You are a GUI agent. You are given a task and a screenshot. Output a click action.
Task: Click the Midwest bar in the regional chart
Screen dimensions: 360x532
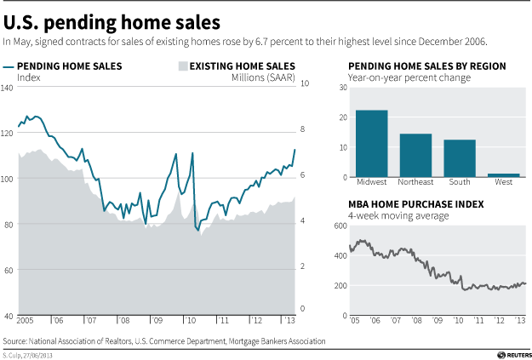click(x=372, y=144)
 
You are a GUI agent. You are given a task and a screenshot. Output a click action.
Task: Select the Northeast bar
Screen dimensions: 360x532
click(x=415, y=156)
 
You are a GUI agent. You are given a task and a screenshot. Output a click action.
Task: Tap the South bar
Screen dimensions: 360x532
click(x=460, y=158)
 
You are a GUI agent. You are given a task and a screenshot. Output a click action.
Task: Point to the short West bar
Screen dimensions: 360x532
click(x=503, y=175)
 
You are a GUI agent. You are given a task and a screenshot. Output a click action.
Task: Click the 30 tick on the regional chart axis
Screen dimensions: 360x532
click(x=342, y=87)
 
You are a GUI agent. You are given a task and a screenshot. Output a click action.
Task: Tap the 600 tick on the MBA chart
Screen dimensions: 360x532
click(x=340, y=226)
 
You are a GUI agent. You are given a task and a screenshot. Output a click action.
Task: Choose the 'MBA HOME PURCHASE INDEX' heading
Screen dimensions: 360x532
click(x=415, y=205)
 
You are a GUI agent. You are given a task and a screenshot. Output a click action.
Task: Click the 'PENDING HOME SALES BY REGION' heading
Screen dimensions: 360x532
click(x=426, y=66)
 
